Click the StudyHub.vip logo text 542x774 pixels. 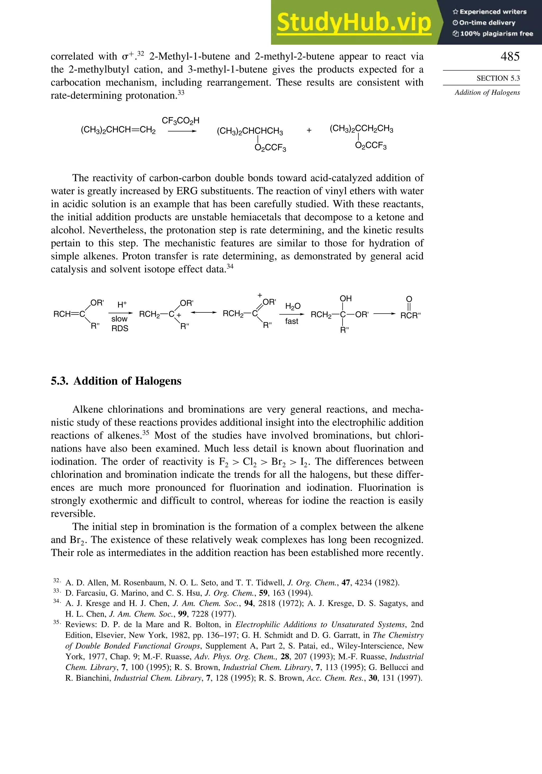coord(354,22)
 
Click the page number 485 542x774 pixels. coord(510,56)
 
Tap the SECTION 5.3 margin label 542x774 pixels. coord(498,78)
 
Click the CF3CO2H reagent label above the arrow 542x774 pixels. coord(180,121)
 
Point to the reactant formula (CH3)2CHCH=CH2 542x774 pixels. coord(118,130)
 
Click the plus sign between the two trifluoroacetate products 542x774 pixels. coord(309,130)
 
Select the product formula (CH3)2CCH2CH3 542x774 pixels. coord(361,129)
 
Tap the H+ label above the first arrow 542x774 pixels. coord(122,305)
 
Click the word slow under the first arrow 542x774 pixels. coord(119,319)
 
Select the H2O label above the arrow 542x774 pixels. coord(292,306)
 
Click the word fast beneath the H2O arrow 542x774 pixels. coord(291,321)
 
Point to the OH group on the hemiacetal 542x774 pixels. coord(345,299)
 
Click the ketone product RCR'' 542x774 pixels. coord(410,316)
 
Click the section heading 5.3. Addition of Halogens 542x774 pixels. coord(116,381)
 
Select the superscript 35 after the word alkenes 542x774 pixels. coord(146,433)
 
